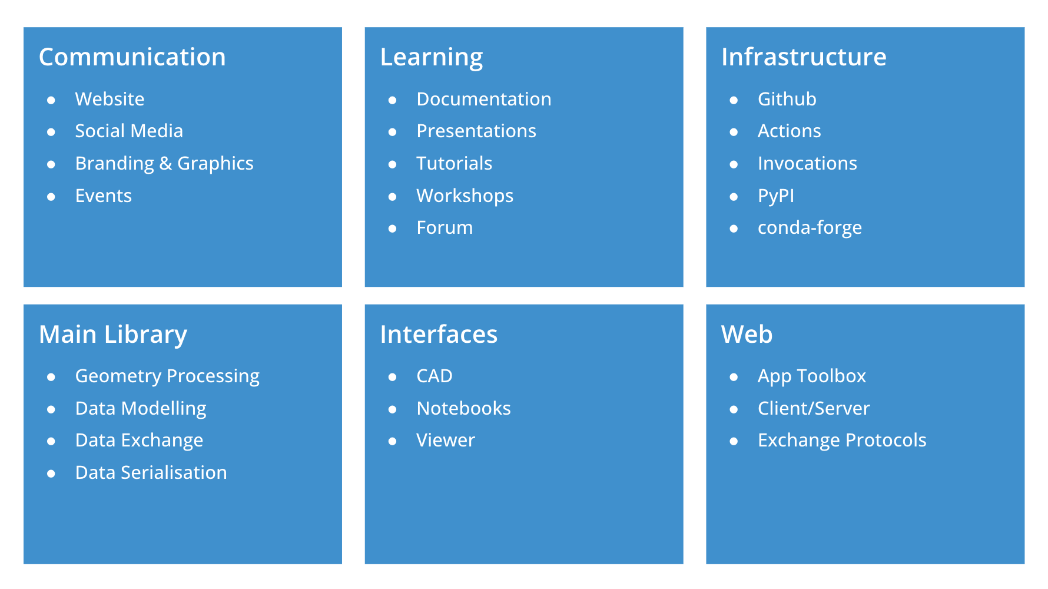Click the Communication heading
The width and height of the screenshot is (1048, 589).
click(132, 57)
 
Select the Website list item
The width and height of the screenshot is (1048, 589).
click(110, 99)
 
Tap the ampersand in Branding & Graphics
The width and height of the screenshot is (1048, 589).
click(165, 163)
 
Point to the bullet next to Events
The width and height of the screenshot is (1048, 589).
click(51, 197)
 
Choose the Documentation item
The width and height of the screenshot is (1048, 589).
click(484, 99)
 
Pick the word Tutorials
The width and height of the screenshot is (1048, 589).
click(454, 163)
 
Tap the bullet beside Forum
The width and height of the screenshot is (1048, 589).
click(393, 229)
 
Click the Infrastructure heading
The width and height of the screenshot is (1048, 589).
click(804, 57)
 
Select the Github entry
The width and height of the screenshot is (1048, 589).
click(787, 99)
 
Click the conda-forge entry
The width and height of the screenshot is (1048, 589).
click(810, 228)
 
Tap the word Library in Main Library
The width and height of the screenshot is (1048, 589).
click(146, 335)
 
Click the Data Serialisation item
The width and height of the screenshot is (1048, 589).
click(151, 472)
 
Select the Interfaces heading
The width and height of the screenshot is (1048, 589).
click(439, 335)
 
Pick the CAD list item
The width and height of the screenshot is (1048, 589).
click(435, 376)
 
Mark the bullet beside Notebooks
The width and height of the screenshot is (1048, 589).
click(393, 409)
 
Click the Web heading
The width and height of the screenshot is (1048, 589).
click(747, 335)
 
